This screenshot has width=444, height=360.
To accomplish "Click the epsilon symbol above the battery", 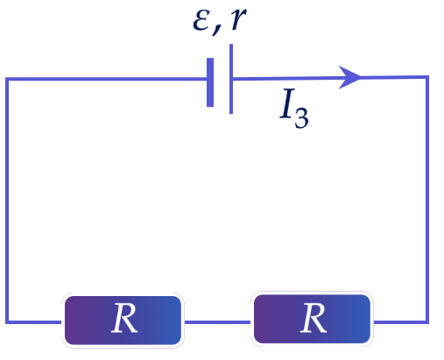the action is point(201,21).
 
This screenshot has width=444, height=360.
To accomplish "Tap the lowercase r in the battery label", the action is point(238,19).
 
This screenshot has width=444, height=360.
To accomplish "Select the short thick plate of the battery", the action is point(210,82).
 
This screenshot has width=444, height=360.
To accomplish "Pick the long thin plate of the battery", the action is point(231,79).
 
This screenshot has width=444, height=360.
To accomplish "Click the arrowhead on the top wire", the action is point(349,77).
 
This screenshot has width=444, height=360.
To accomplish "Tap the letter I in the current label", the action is point(287,103).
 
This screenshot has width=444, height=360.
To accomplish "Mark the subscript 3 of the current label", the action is point(301,118).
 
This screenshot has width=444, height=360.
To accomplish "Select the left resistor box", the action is point(123,321).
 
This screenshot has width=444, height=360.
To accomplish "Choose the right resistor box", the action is point(312,319).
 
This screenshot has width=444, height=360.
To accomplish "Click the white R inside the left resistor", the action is point(124,318).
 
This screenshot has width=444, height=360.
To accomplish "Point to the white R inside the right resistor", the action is point(314,317).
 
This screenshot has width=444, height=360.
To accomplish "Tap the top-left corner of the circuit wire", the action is point(7,79).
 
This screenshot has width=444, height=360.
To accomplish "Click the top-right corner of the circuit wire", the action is point(427,77).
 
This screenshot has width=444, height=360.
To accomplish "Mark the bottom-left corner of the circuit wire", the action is point(7,322).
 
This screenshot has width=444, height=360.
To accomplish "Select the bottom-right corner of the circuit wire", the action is point(427,322).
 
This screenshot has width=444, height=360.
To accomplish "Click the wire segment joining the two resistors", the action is point(217,322).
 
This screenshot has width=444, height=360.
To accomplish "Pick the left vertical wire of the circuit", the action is point(7,201).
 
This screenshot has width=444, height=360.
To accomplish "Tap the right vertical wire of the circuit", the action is point(427,200).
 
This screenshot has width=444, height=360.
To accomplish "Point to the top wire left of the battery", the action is point(106,79).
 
